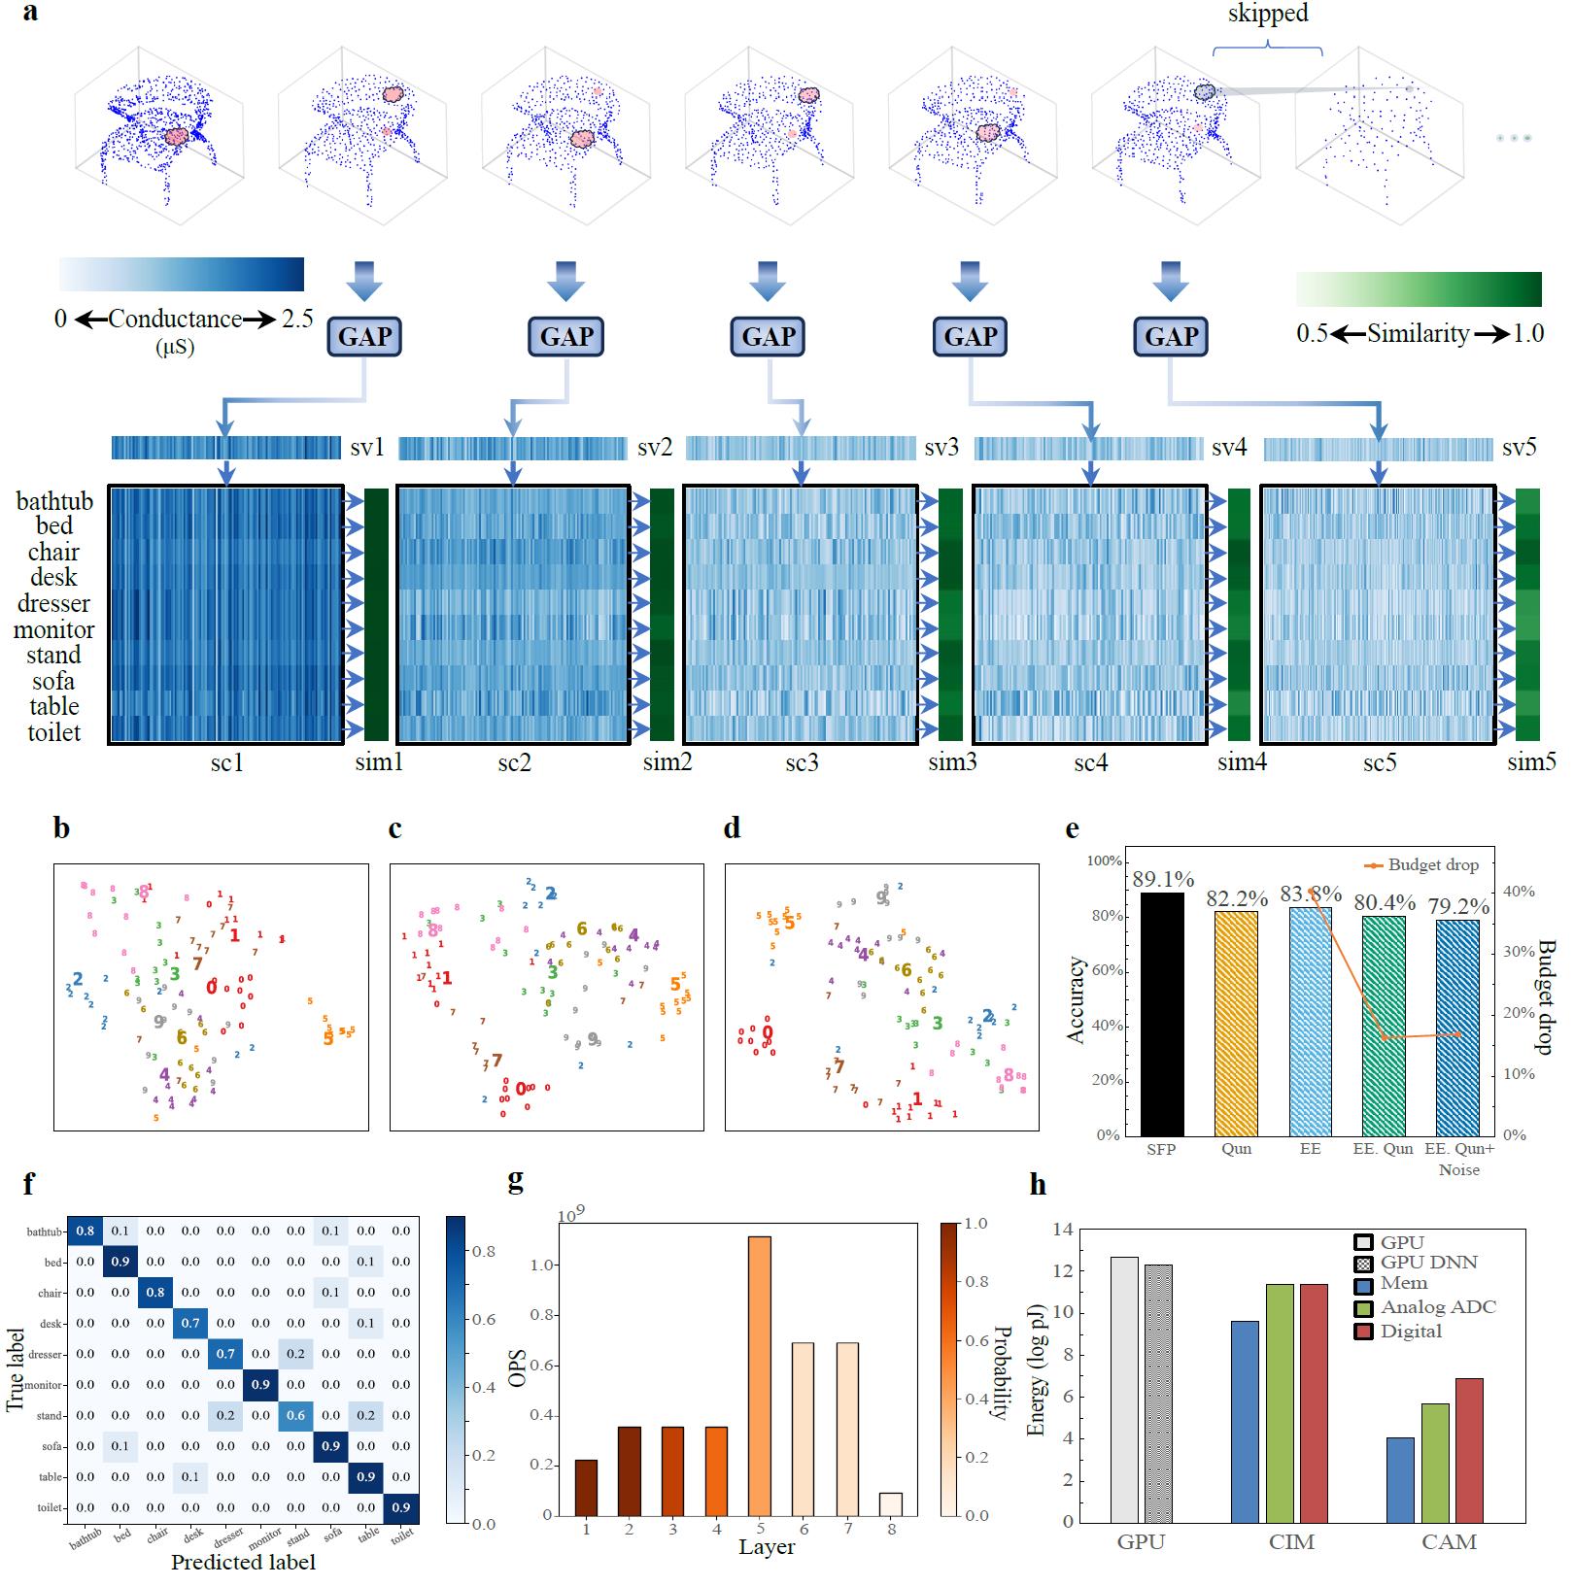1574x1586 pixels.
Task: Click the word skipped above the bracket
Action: pyautogui.click(x=1267, y=14)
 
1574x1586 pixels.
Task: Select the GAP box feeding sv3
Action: pyautogui.click(x=769, y=336)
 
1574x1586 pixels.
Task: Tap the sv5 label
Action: pyautogui.click(x=1519, y=448)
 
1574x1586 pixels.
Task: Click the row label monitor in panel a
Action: pyautogui.click(x=53, y=629)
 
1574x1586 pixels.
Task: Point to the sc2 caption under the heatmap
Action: pyautogui.click(x=514, y=762)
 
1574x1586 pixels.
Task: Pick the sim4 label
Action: pyautogui.click(x=1242, y=762)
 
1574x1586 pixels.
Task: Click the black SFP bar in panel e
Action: pyautogui.click(x=1162, y=1014)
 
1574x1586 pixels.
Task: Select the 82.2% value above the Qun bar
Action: pyautogui.click(x=1236, y=899)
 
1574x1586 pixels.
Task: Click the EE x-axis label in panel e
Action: pyautogui.click(x=1310, y=1149)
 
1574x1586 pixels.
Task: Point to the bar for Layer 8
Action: pyautogui.click(x=891, y=1503)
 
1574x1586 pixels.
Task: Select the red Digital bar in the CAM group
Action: pyautogui.click(x=1469, y=1449)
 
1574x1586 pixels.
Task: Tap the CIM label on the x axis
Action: pyautogui.click(x=1291, y=1542)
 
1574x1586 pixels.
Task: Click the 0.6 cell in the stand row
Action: pyautogui.click(x=295, y=1415)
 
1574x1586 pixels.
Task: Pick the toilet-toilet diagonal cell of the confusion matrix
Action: pyautogui.click(x=400, y=1507)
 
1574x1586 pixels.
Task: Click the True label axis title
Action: pyautogui.click(x=16, y=1369)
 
